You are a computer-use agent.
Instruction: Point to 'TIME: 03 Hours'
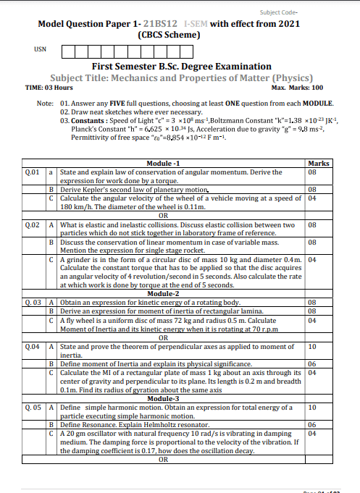coord(49,87)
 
